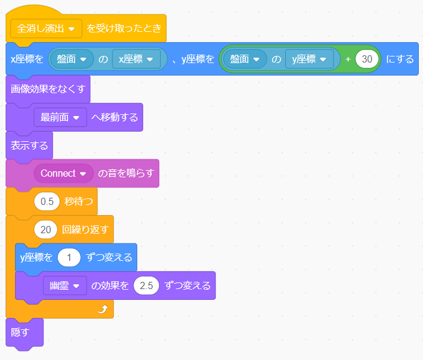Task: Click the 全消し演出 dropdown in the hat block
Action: (x=46, y=28)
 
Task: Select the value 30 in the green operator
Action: (x=366, y=59)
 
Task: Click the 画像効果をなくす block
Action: (x=48, y=90)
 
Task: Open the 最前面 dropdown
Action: (x=60, y=117)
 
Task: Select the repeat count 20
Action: (x=46, y=229)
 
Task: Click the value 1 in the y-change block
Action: (x=69, y=257)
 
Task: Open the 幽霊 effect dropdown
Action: (x=65, y=285)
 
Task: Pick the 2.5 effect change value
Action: (x=146, y=285)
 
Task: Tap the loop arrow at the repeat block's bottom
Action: (x=102, y=309)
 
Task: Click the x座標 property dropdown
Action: (x=140, y=59)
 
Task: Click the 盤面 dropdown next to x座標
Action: (x=75, y=59)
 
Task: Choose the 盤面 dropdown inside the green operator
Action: (x=247, y=59)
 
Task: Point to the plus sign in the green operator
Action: (x=348, y=59)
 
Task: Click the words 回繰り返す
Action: (x=87, y=229)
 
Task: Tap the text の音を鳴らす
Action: (x=126, y=173)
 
